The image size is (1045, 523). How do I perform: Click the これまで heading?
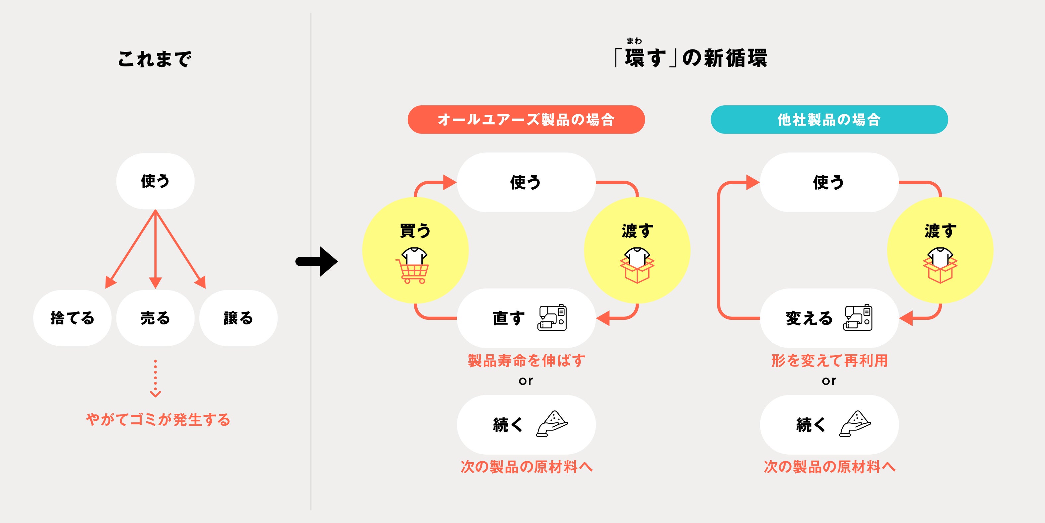pos(155,59)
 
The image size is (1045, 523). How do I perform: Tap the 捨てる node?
pos(72,318)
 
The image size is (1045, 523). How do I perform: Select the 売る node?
pos(155,318)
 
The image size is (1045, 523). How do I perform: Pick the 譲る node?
pos(238,318)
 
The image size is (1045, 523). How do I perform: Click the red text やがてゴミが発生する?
pos(158,419)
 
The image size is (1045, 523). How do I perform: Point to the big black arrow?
pos(317,262)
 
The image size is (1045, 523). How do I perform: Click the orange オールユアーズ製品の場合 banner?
pos(526,120)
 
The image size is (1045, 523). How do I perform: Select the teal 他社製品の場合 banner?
pos(829,120)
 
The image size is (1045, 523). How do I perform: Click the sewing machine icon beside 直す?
pos(552,317)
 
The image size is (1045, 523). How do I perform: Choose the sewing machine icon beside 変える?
pos(858,317)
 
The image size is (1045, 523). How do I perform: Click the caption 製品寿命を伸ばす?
pos(526,361)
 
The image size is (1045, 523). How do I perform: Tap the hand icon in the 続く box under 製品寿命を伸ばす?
pos(552,424)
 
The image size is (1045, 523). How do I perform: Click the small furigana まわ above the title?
pos(634,41)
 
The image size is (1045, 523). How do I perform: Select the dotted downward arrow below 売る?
pos(155,378)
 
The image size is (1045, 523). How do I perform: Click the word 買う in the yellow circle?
pos(415,231)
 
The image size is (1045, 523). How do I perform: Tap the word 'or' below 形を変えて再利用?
pos(829,381)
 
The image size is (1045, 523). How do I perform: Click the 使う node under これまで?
pos(155,181)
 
